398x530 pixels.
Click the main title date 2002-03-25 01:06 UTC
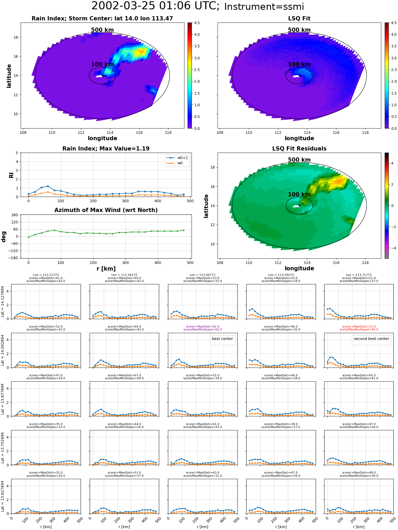pos(155,6)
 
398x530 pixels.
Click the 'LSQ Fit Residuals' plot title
pos(299,149)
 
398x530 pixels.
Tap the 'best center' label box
pos(222,339)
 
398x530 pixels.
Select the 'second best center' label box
pos(371,339)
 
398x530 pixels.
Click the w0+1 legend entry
pos(178,158)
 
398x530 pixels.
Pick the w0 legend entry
pos(175,163)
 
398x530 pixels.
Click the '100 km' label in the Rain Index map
pos(102,64)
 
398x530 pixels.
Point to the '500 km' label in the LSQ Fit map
pos(299,30)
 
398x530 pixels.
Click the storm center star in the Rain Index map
pos(102,76)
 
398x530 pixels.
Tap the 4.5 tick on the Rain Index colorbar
pos(197,23)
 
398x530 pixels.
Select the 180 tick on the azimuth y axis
pos(15,215)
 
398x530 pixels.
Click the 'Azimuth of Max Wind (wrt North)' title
pos(106,210)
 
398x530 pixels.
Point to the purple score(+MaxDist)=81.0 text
pos(202,327)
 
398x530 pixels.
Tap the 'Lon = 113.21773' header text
pos(46,275)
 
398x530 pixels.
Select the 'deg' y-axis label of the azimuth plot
pos(4,237)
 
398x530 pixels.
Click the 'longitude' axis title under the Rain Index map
pos(102,138)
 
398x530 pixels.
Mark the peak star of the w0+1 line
pos(48,186)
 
